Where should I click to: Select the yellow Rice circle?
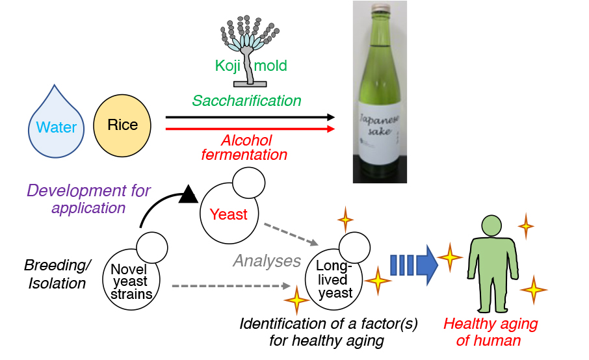tap(122, 124)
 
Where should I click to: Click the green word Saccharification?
tap(246, 101)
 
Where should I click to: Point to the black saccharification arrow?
tap(250, 118)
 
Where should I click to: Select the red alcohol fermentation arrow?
tap(250, 129)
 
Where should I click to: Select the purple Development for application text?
tap(89, 199)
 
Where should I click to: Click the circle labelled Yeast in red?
tap(228, 214)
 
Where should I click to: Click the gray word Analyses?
tap(267, 261)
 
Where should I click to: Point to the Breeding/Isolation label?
tap(58, 274)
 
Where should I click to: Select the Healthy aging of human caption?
tap(490, 332)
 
